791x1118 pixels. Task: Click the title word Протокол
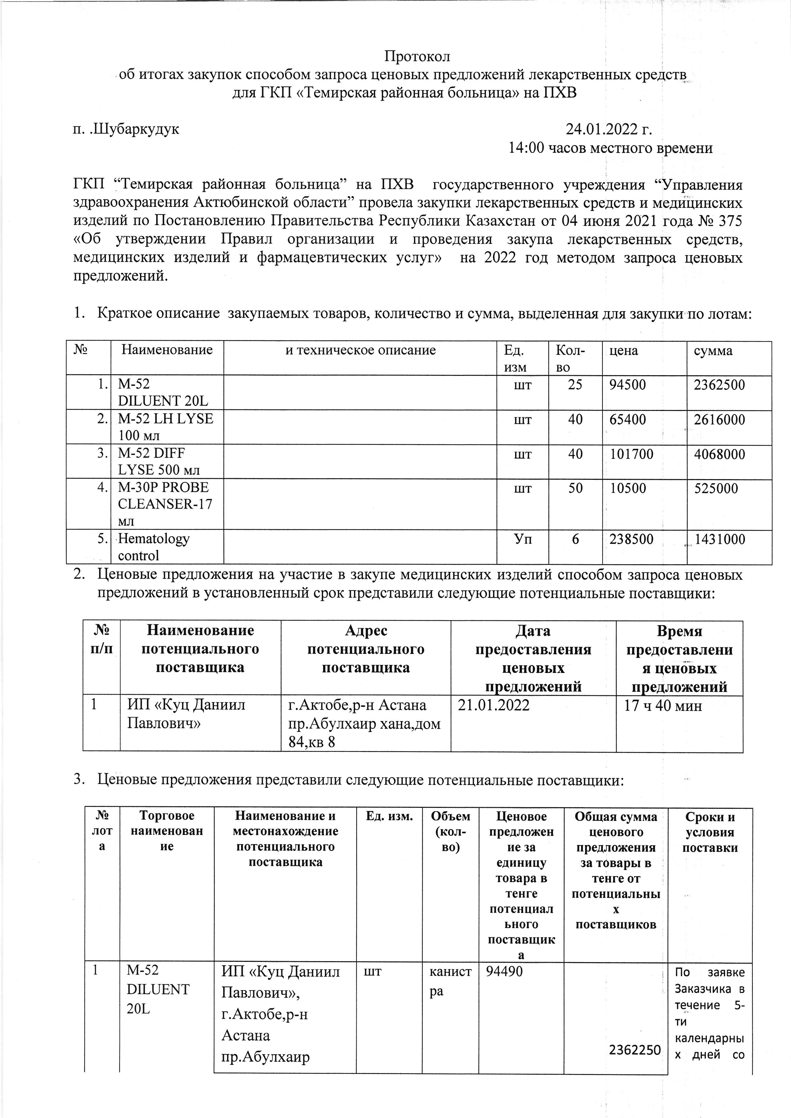click(x=418, y=56)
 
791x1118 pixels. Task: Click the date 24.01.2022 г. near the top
click(x=609, y=129)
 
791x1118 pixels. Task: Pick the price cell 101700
click(x=632, y=454)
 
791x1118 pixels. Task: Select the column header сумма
click(x=714, y=351)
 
